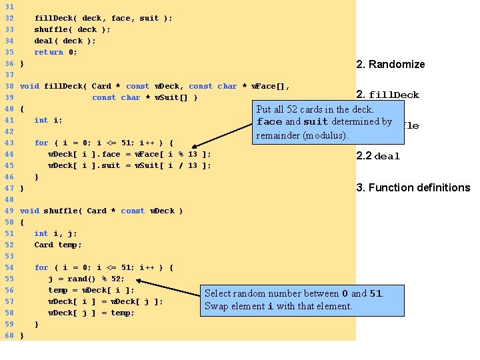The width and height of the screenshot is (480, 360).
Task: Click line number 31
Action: (x=9, y=7)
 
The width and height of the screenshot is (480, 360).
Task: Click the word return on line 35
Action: (x=49, y=52)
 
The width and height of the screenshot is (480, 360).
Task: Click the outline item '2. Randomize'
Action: (x=391, y=65)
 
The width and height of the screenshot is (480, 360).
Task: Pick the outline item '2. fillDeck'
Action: (x=388, y=95)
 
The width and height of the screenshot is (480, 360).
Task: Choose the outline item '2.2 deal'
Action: (x=378, y=156)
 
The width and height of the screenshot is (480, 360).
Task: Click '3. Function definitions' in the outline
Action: (x=413, y=187)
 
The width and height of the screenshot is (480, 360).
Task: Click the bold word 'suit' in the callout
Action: (x=315, y=122)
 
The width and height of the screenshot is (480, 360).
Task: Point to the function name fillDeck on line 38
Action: (x=65, y=86)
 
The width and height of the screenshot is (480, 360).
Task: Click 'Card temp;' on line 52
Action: (x=57, y=245)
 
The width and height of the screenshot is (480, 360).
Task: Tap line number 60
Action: (x=9, y=335)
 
